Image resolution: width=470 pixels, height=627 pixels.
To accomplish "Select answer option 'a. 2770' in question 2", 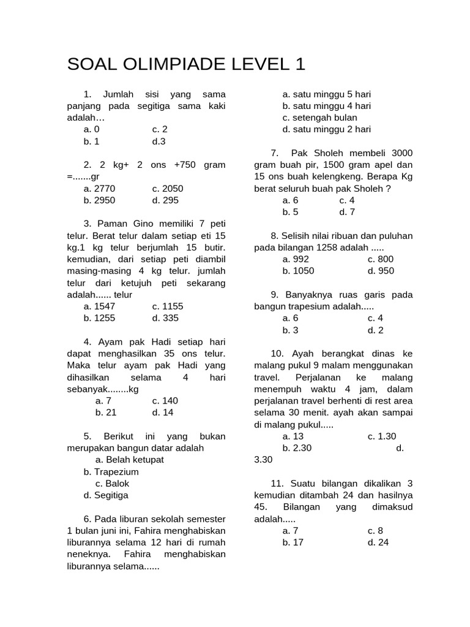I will [99, 189].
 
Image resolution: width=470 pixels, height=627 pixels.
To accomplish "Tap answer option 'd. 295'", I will [165, 200].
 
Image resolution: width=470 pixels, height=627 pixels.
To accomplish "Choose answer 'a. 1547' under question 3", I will [99, 306].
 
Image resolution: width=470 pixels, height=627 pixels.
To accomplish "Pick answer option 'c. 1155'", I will [168, 306].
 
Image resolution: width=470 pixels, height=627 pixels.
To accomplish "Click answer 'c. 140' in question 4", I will [165, 400].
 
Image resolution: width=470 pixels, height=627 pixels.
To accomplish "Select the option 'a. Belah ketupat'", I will [130, 459].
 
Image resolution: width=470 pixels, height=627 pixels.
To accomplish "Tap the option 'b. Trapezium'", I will [111, 471].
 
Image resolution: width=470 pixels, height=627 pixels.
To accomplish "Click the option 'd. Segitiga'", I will [106, 495].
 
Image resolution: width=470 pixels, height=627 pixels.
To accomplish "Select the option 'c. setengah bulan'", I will [319, 118].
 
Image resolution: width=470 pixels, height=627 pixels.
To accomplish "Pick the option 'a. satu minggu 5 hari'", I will [326, 94].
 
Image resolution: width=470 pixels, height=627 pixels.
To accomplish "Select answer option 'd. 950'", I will [381, 271].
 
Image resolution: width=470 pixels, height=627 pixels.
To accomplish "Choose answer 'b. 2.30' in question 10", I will [297, 448].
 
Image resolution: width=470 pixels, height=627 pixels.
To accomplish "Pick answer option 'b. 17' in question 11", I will [293, 542].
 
